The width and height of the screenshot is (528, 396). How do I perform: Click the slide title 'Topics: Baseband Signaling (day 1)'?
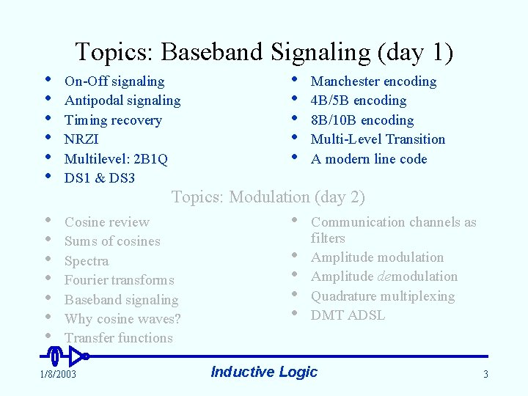(264, 52)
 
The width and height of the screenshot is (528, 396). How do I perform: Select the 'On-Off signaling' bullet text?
(114, 81)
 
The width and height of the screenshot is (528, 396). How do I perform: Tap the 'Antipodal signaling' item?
(122, 100)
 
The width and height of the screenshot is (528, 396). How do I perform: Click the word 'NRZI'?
(81, 139)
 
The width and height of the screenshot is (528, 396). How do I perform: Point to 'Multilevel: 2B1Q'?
(116, 158)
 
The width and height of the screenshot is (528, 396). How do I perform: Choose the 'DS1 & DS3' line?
(100, 178)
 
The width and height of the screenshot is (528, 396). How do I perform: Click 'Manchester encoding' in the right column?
(373, 81)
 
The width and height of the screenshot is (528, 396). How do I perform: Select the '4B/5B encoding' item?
(358, 100)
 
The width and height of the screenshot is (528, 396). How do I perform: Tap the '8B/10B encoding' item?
(362, 120)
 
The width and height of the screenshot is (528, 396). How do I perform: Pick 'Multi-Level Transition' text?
(378, 139)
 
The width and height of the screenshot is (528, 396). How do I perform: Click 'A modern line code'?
(369, 159)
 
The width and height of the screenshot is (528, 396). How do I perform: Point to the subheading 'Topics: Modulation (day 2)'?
(268, 197)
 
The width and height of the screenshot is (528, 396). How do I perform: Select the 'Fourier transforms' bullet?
(120, 280)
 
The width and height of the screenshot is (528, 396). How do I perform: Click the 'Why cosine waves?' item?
(122, 319)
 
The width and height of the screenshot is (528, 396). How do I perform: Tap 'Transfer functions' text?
(119, 338)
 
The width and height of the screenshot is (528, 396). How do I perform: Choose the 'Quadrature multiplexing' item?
(383, 296)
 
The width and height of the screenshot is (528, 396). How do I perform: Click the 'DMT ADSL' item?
(348, 315)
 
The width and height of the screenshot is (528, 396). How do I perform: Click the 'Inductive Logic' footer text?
(264, 372)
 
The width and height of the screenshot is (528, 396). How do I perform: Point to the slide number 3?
(485, 375)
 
